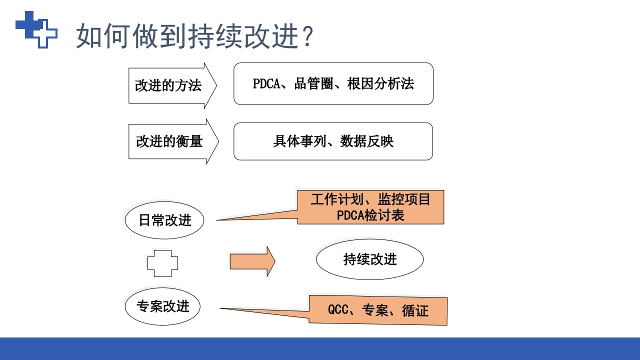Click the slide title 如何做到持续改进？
195,36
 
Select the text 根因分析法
380,83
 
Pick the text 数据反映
367,141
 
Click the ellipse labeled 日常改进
164,220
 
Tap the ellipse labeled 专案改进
162,306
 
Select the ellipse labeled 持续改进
370,259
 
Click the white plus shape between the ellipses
162,263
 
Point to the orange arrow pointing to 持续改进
252,261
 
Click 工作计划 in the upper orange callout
330,199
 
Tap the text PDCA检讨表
370,215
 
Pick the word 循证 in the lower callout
415,310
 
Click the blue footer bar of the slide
320,348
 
